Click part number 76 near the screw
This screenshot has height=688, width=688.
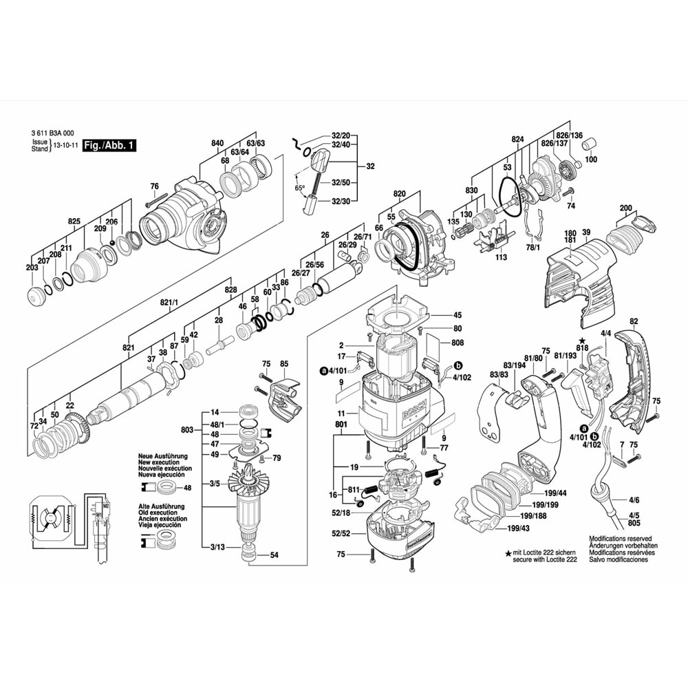tap(154, 186)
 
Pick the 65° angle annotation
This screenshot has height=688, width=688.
tap(299, 188)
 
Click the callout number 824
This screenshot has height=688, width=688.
tap(517, 139)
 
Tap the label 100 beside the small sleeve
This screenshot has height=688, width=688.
tap(591, 160)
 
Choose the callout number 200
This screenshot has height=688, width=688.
tap(625, 208)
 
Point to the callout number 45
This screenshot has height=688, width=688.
tap(458, 315)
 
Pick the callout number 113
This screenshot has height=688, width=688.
tap(501, 258)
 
